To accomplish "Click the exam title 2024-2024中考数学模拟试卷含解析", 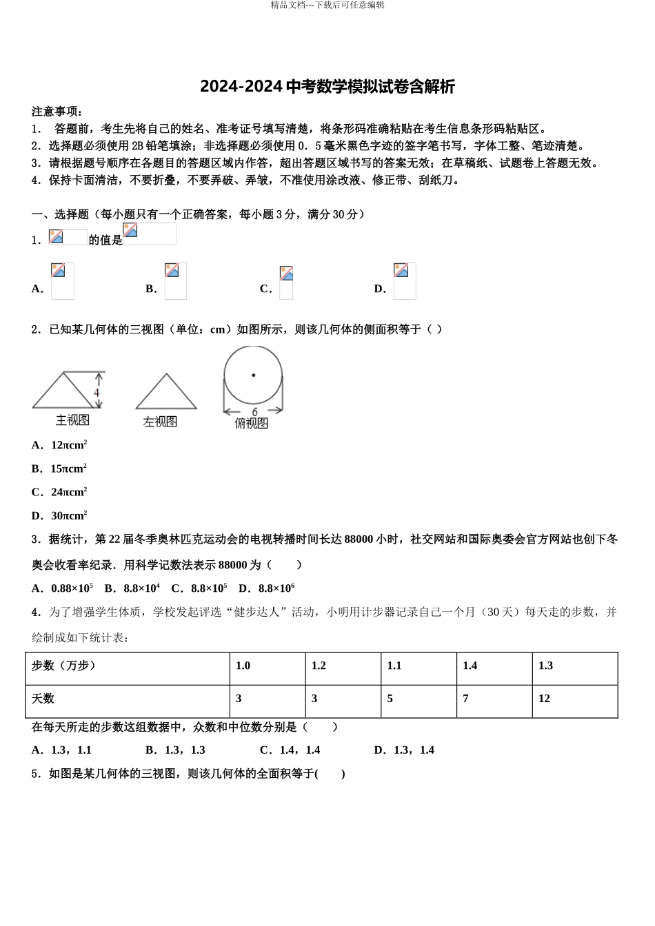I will pyautogui.click(x=327, y=87).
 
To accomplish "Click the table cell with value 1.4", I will pyautogui.click(x=494, y=666).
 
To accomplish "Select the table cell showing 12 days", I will pyautogui.click(x=575, y=699).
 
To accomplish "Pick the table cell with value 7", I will pyautogui.click(x=494, y=699).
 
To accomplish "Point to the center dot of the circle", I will pyautogui.click(x=253, y=375).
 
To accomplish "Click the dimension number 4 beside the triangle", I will pyautogui.click(x=97, y=393).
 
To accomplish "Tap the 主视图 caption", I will pyautogui.click(x=72, y=420).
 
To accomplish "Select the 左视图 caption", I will pyautogui.click(x=160, y=422).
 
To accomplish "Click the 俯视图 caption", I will pyautogui.click(x=251, y=423).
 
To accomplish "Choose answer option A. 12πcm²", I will pyautogui.click(x=59, y=445).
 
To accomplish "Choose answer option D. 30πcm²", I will pyautogui.click(x=59, y=515).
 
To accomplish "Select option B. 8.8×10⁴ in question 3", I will pyautogui.click(x=132, y=588).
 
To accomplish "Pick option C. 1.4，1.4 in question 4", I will pyautogui.click(x=290, y=750).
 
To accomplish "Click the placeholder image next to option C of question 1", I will pyautogui.click(x=286, y=282).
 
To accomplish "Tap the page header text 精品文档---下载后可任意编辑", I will pyautogui.click(x=327, y=6).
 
